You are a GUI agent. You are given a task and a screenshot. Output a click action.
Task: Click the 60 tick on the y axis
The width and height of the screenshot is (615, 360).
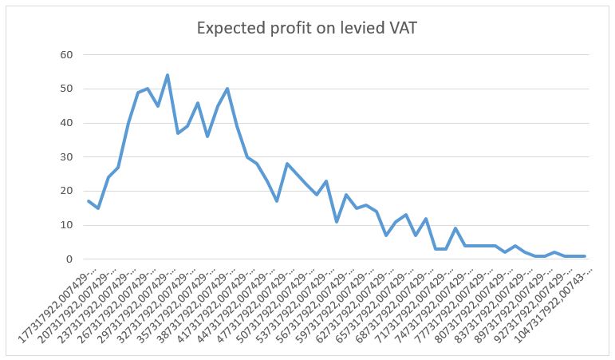(x=66, y=55)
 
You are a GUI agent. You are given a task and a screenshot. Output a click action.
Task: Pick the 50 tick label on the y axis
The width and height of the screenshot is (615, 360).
(x=66, y=89)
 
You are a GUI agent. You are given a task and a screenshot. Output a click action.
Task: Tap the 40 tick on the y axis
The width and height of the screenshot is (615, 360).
(x=66, y=123)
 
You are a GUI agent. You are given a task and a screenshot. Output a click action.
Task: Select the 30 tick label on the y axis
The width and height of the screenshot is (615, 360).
(x=66, y=157)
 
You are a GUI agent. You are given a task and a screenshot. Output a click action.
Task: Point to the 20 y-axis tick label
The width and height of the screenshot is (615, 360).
(x=66, y=192)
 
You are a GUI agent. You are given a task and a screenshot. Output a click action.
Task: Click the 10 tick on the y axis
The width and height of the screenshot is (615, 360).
(x=66, y=225)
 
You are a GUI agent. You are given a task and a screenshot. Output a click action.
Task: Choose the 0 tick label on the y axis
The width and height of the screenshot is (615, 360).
(x=69, y=259)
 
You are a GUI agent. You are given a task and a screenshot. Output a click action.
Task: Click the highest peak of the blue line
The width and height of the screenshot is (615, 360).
(x=168, y=75)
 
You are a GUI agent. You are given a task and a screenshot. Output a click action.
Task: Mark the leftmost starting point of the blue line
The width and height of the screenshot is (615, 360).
(x=89, y=201)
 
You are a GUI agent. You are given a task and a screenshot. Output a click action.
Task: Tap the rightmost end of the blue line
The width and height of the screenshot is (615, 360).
(x=585, y=256)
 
